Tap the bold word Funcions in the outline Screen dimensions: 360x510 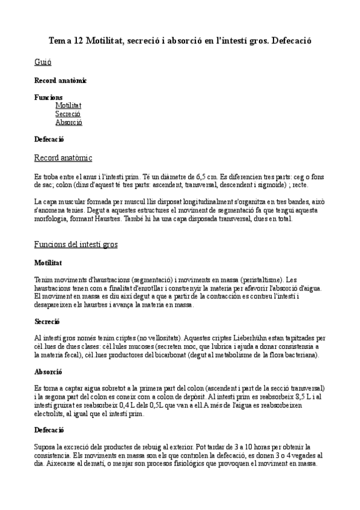coord(48,97)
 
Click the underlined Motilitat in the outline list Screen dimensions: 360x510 coord(68,105)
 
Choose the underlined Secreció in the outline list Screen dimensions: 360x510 coord(67,114)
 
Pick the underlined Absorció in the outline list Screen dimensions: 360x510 coord(69,122)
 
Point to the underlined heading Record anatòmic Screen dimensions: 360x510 coord(63,158)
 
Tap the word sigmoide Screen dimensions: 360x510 coord(270,186)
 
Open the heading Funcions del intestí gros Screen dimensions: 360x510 coord(76,245)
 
